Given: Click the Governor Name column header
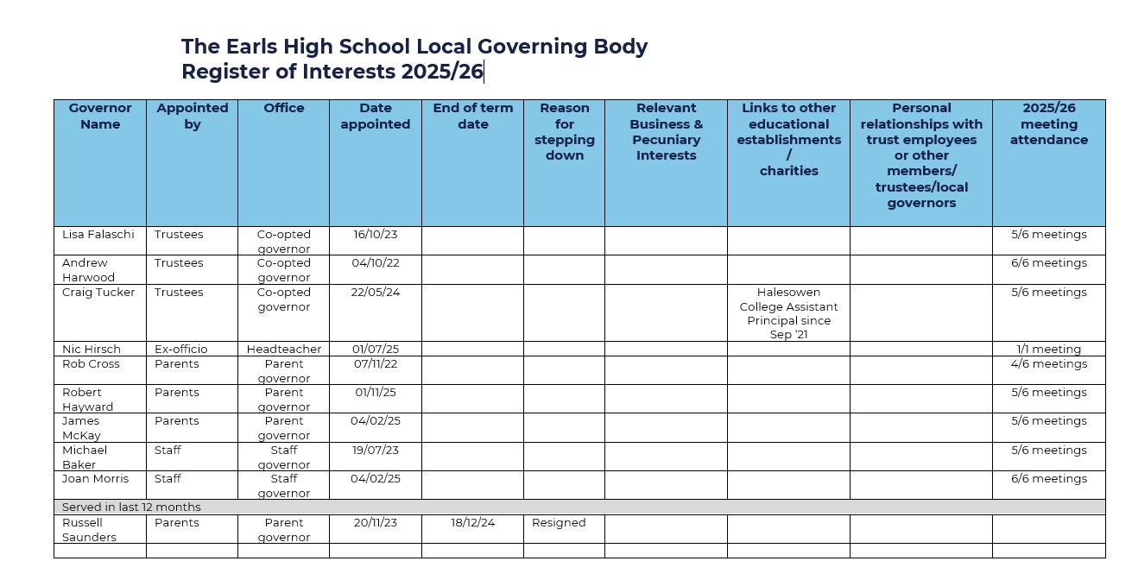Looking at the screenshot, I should coord(100,116).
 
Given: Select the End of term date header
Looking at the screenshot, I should coord(472,116).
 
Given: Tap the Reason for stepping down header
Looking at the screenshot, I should coord(564,131).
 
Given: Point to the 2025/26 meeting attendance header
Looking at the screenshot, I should coord(1048,123).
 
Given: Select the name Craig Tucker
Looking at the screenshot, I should coord(98,292).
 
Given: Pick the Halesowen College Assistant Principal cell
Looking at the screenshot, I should coord(788,313).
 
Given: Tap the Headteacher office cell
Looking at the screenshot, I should coord(284,349).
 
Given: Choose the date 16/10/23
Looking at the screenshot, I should coord(376,234).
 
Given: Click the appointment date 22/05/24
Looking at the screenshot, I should coord(376,292).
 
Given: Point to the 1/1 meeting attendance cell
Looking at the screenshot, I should coord(1048,349).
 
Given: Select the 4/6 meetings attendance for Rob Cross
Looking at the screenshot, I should coord(1048,363).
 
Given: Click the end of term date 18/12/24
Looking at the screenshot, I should coord(472,522).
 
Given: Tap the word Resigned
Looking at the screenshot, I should coord(559,522).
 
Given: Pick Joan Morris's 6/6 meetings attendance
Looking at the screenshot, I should coord(1048,478).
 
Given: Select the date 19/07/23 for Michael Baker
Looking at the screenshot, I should coord(376,450).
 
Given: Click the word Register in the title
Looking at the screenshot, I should coord(225,72).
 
